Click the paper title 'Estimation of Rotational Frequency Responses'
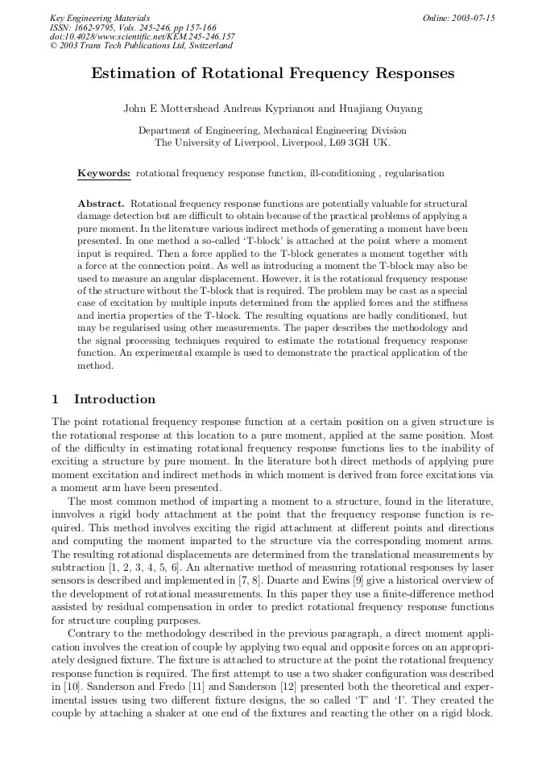coord(272,74)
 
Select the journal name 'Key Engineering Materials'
coord(100,18)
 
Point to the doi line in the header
coord(142,37)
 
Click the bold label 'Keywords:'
coord(104,173)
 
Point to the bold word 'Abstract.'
coord(101,204)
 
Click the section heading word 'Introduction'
coord(114,399)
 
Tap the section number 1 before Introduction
coord(55,399)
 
